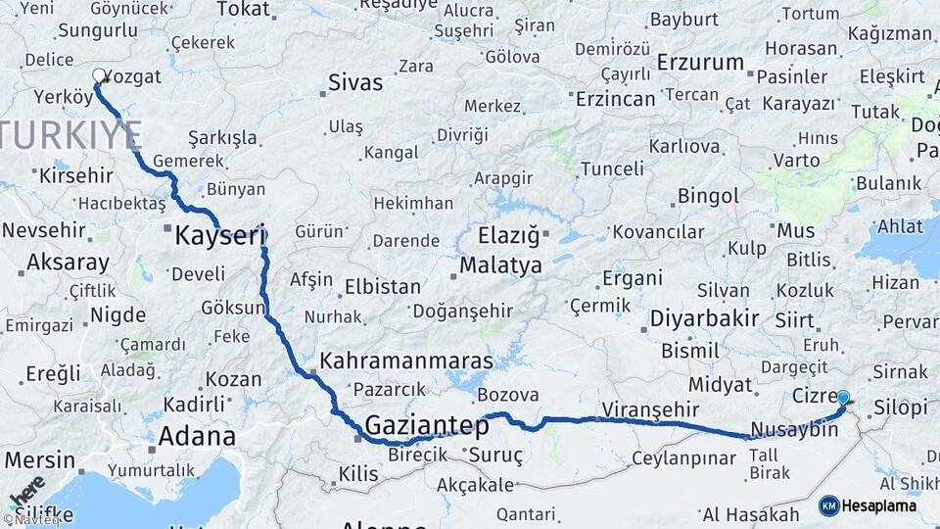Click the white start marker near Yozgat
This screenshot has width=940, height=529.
99,75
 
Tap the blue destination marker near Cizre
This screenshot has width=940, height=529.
843,398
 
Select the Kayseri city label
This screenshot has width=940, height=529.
220,235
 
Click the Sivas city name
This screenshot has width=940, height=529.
355,82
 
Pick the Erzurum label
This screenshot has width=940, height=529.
700,62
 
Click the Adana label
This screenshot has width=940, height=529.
196,436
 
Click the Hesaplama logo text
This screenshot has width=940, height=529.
880,505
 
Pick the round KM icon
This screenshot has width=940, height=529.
828,505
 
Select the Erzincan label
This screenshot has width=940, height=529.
615,99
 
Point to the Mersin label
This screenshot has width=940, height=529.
39,459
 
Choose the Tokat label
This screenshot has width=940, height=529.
242,9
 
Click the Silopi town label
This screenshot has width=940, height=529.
899,407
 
